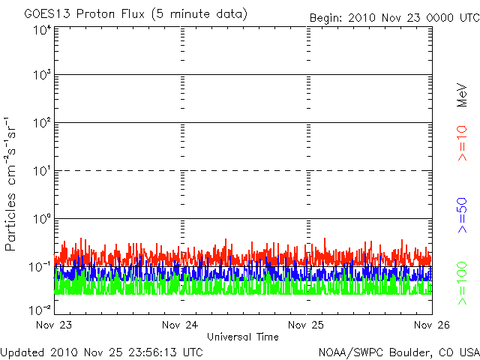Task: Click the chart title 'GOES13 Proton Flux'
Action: point(85,14)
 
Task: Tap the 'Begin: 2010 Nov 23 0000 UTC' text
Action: point(394,18)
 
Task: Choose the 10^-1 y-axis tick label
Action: point(40,267)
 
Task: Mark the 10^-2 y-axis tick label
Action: point(40,310)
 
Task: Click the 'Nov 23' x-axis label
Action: point(54,325)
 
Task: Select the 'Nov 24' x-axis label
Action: point(180,325)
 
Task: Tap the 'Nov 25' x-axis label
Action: point(306,325)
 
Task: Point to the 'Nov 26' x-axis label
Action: point(432,325)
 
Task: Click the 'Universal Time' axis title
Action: point(243,337)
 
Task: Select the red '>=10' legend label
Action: point(462,143)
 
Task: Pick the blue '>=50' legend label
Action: point(462,215)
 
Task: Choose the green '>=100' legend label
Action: point(462,283)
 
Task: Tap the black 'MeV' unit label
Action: point(462,95)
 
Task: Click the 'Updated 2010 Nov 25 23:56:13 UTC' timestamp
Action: point(102,352)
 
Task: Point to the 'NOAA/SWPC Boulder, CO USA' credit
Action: point(399,352)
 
